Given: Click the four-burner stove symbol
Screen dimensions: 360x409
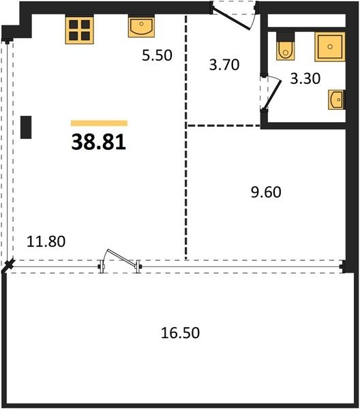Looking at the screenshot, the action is [80, 30].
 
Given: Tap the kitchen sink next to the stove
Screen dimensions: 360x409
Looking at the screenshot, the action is [141, 26].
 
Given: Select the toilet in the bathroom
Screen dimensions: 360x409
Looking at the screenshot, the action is [286, 46].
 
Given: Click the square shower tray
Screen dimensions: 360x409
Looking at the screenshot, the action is [330, 47].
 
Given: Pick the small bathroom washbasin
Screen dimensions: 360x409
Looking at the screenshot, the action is [337, 100].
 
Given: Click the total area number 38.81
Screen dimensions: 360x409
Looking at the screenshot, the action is [99, 142].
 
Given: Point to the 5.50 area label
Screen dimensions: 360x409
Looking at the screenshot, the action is [157, 55].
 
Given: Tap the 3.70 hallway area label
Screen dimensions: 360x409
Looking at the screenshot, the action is [224, 65].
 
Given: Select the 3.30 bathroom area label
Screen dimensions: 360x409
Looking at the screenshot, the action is [305, 78].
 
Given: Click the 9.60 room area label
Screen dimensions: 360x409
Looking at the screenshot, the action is [266, 192].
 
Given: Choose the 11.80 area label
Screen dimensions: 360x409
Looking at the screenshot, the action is [46, 241].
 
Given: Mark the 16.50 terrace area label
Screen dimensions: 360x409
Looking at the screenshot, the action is [180, 333].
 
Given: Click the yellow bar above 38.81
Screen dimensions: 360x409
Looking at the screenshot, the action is [99, 123].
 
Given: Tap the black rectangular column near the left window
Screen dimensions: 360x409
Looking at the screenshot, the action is [26, 127].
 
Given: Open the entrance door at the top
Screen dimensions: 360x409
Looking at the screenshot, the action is [231, 19].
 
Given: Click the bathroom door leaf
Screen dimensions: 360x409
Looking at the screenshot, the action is [273, 94].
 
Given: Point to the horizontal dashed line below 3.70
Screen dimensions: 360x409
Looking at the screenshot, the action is [224, 125].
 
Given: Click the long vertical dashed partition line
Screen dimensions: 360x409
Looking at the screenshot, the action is [186, 137].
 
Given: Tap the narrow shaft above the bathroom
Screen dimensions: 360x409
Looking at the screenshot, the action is [307, 20].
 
